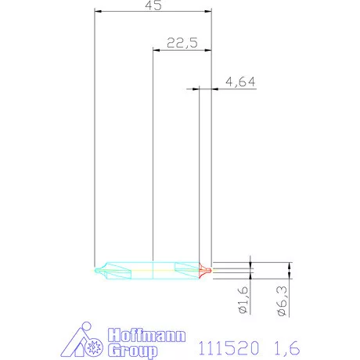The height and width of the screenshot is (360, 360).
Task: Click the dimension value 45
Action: (153, 5)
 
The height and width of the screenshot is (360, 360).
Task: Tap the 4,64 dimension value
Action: (239, 81)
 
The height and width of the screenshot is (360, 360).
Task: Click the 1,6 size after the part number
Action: (286, 346)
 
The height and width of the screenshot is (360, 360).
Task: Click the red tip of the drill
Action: (206, 270)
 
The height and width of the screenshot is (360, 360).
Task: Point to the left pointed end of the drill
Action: (95, 270)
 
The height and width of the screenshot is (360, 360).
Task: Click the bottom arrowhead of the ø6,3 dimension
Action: (290, 275)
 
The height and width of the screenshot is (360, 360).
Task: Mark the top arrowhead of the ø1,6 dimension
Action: (250, 266)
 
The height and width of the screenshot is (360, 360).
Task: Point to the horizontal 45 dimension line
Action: (125, 11)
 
